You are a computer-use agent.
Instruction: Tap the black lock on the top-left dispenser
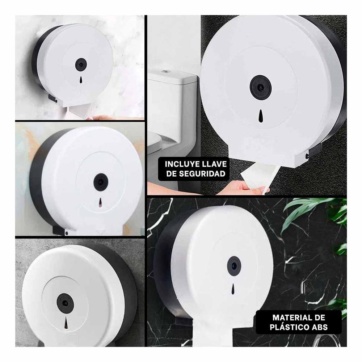coord(79,64)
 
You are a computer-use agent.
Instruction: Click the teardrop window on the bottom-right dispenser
coord(233,288)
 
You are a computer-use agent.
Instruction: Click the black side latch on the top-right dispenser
coord(314,152)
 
